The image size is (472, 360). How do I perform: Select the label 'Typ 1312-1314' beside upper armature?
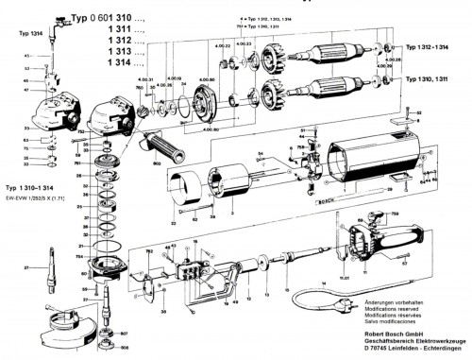pyautogui.click(x=436, y=46)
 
